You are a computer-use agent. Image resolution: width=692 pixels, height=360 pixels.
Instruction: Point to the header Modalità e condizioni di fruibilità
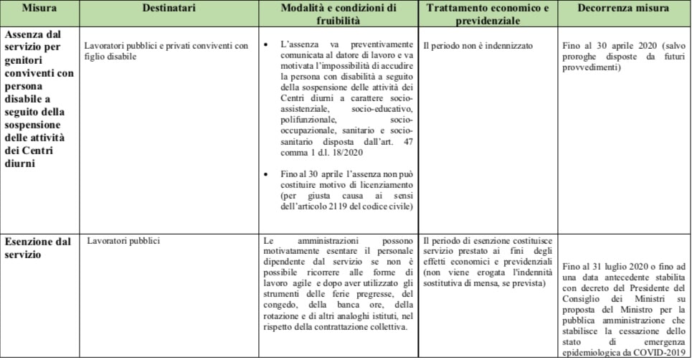(336, 15)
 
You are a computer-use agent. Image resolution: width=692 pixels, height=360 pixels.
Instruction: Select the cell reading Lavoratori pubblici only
(123, 242)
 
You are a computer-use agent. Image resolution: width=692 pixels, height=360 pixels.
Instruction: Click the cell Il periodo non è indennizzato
(478, 46)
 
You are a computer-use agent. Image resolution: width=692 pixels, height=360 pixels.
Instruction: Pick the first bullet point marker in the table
(267, 46)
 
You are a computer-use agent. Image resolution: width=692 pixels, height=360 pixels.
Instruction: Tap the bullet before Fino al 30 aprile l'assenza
(267, 174)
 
